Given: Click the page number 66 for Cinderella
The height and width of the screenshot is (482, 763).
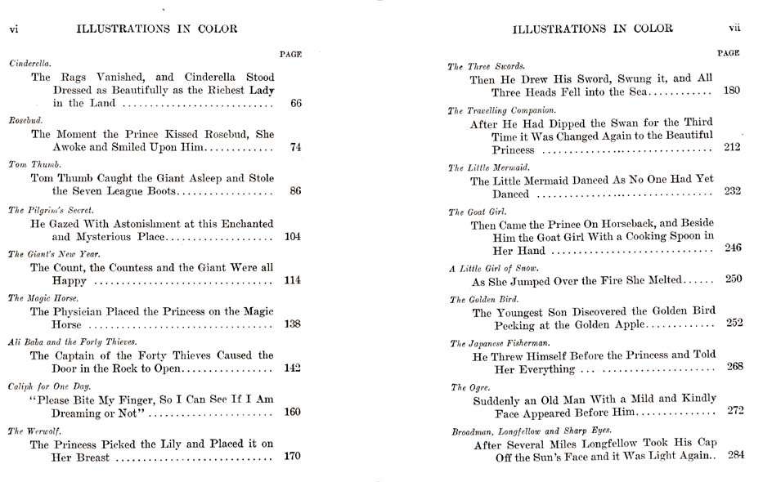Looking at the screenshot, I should coord(295,104).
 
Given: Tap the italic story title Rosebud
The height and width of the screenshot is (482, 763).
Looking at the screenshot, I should coord(25,120).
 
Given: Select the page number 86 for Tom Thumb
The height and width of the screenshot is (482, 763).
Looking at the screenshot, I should coord(295,191).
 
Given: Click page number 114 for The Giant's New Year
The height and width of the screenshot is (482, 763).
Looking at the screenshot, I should coord(292,280).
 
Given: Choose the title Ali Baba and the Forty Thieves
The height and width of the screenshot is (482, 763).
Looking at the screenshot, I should coord(72,341).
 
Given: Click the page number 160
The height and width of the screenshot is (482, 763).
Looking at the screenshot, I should coord(292,412).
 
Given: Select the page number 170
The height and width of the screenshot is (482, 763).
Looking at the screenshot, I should coord(292,456).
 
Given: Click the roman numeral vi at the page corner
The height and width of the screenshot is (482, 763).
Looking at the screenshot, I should coord(13,29).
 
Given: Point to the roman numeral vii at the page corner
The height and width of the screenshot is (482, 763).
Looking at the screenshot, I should coord(734,28).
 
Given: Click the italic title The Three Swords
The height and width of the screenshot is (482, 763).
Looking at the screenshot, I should coord(486,66).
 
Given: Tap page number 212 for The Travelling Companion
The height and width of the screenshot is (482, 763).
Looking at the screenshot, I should coord(732,148).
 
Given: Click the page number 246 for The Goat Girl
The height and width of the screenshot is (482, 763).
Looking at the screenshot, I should coord(733,248).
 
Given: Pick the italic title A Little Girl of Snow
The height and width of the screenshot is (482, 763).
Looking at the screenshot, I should coord(494,268).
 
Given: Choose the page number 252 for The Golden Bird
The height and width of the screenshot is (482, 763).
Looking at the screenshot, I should coord(734,323).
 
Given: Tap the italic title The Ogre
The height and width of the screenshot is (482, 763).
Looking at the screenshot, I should coord(469,387).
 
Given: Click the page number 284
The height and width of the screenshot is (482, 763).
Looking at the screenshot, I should coord(736,455).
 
